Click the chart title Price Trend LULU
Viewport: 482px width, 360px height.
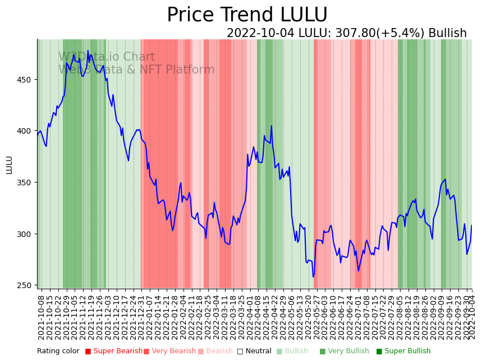pyautogui.click(x=247, y=15)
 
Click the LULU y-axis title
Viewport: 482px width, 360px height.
pyautogui.click(x=9, y=165)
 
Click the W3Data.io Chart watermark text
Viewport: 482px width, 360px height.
pyautogui.click(x=107, y=57)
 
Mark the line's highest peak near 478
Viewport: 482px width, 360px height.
pyautogui.click(x=88, y=51)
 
